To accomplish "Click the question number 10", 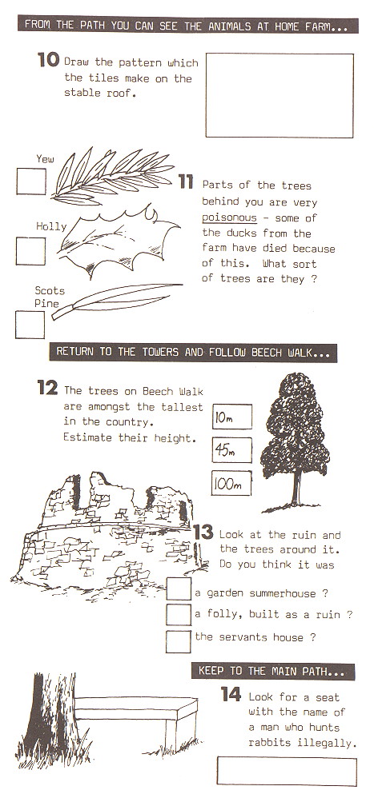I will click(x=48, y=59).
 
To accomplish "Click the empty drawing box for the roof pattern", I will click(x=279, y=96).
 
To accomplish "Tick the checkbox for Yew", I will click(x=30, y=182).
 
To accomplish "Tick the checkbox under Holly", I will click(x=30, y=250).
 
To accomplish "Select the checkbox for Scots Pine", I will click(x=30, y=324).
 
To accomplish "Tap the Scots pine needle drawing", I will click(x=112, y=301).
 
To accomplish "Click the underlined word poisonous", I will click(x=229, y=217).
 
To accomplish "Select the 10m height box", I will click(x=231, y=417).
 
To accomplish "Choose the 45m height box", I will click(x=231, y=450).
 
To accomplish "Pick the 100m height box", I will click(x=231, y=483).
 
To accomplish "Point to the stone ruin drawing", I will click(x=104, y=532).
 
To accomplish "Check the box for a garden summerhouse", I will click(x=178, y=590).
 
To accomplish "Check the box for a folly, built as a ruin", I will click(x=178, y=614).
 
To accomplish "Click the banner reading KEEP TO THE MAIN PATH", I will click(x=271, y=671).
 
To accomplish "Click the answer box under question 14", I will click(x=286, y=772).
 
